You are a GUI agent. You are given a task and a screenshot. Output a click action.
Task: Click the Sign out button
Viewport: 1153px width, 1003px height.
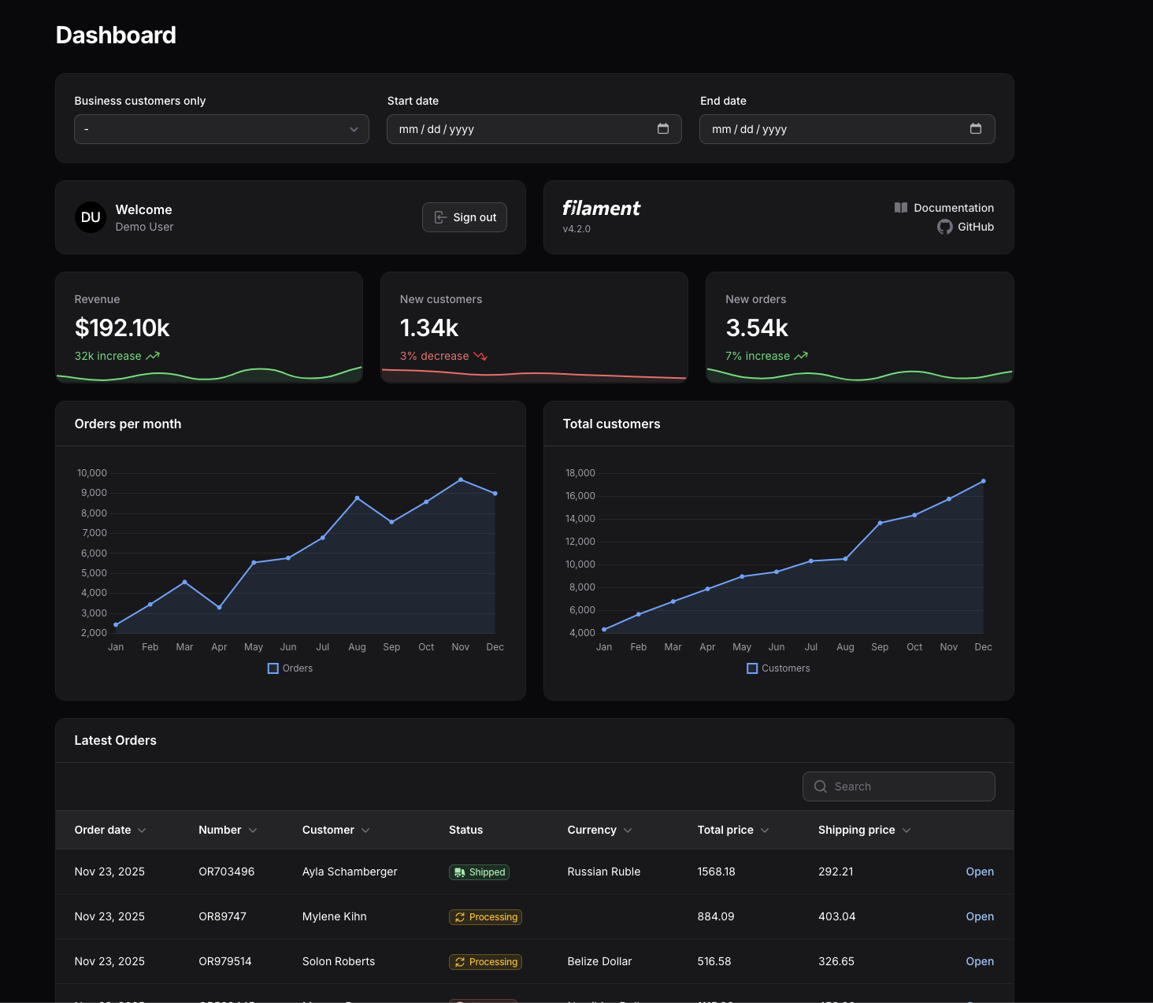(465, 217)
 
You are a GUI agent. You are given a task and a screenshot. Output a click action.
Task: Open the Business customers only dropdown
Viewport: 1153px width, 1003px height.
(221, 129)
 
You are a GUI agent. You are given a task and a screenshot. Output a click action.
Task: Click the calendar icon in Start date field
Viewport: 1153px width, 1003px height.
(663, 128)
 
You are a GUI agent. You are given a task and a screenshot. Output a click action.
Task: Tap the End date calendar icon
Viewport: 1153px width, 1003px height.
(976, 128)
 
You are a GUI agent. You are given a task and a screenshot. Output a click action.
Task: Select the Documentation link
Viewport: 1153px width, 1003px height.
(944, 208)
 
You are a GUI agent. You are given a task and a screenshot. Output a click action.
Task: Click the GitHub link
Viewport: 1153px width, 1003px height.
(966, 227)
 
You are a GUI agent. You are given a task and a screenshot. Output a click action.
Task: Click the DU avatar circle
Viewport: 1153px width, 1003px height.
(91, 217)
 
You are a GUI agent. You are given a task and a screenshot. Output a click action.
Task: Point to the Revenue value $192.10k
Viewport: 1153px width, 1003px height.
(122, 328)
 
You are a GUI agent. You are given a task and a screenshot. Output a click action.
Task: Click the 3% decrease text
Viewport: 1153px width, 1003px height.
(434, 356)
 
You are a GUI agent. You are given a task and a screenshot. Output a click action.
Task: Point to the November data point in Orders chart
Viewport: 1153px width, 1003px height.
(461, 479)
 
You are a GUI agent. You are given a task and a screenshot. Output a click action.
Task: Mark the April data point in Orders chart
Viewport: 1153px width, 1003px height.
(219, 607)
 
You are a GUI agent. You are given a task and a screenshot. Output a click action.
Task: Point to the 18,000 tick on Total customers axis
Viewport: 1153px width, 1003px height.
(580, 473)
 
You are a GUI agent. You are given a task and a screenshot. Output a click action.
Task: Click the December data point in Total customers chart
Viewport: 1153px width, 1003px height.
(983, 481)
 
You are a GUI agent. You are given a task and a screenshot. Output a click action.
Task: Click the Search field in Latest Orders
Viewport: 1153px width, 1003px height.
(899, 786)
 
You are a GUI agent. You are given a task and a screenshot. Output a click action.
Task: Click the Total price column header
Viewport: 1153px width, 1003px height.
(725, 830)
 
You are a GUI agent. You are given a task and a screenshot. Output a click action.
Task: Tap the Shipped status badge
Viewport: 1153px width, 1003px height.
(479, 872)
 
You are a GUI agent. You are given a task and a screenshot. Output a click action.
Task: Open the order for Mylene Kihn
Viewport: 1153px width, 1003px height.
(980, 916)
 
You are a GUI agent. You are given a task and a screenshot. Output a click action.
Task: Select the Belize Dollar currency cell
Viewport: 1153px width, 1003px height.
(599, 961)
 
